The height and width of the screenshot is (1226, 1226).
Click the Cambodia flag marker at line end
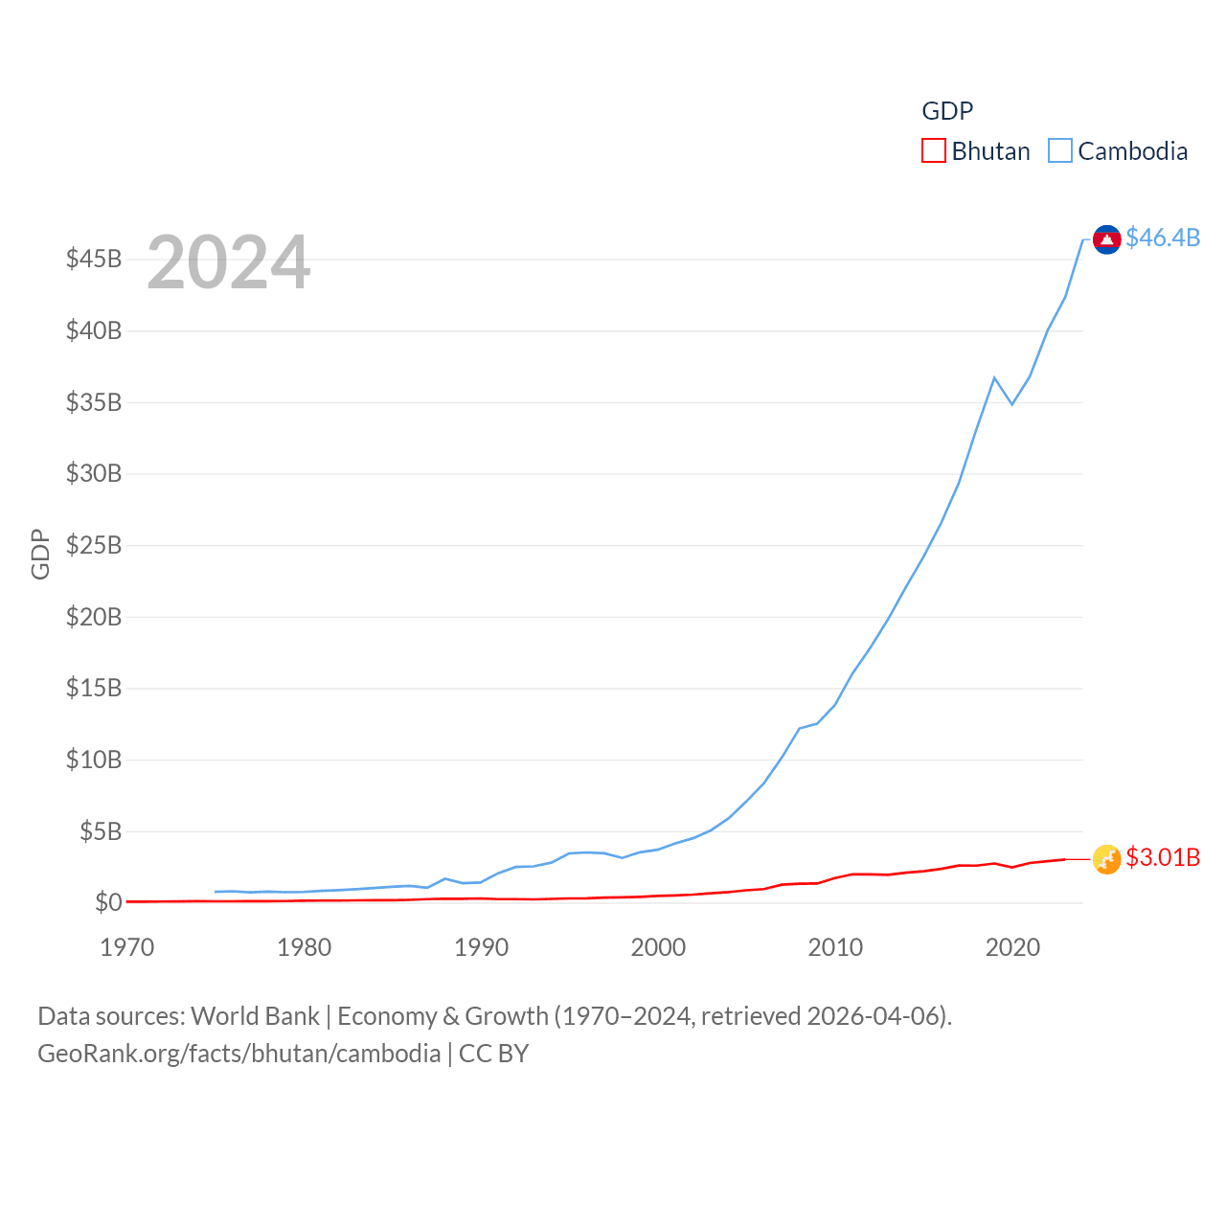pyautogui.click(x=1106, y=239)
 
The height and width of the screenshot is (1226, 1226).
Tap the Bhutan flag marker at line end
pyautogui.click(x=1106, y=859)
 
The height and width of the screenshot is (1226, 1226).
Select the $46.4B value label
pyautogui.click(x=1163, y=238)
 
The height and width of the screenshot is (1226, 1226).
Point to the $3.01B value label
pyautogui.click(x=1163, y=857)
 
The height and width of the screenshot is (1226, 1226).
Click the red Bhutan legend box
pyautogui.click(x=933, y=151)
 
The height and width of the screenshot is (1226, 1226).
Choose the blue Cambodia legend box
pyautogui.click(x=1059, y=151)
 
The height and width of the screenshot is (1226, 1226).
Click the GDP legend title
pyautogui.click(x=947, y=111)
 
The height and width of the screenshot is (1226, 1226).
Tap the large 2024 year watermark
pyautogui.click(x=228, y=262)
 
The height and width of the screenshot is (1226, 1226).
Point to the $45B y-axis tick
pyautogui.click(x=94, y=259)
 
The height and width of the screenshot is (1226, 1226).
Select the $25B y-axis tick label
pyautogui.click(x=94, y=545)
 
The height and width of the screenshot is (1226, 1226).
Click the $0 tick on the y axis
pyautogui.click(x=108, y=902)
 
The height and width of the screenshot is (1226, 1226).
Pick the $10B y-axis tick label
pyautogui.click(x=94, y=760)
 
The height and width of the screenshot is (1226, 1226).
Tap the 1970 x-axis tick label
pyautogui.click(x=127, y=947)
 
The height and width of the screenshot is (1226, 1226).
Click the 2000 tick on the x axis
pyautogui.click(x=658, y=947)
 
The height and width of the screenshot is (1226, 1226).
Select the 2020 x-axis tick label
pyautogui.click(x=1012, y=947)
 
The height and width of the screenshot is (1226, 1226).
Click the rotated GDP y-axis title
pyautogui.click(x=40, y=554)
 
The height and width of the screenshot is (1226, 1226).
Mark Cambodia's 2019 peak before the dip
pyautogui.click(x=994, y=377)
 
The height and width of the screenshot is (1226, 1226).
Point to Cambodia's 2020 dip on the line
pyautogui.click(x=1012, y=404)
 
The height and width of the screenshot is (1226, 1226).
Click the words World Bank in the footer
pyautogui.click(x=255, y=1015)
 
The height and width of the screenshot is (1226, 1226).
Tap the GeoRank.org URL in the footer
pyautogui.click(x=238, y=1054)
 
